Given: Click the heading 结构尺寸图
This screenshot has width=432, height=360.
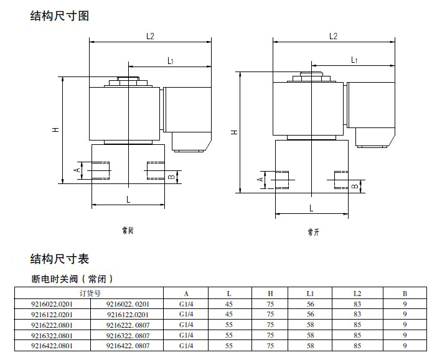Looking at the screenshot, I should pyautogui.click(x=60, y=16).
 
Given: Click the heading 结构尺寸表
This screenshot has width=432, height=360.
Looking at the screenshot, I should pyautogui.click(x=60, y=259).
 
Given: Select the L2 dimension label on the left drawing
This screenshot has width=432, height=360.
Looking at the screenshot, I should pyautogui.click(x=150, y=36).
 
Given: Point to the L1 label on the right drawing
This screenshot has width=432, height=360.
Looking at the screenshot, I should pyautogui.click(x=354, y=60).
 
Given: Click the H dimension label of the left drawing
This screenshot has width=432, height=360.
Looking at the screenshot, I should pyautogui.click(x=55, y=130).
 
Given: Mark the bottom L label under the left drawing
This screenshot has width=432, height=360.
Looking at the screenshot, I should pyautogui.click(x=128, y=199).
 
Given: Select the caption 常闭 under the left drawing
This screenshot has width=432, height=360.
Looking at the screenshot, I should pyautogui.click(x=128, y=231).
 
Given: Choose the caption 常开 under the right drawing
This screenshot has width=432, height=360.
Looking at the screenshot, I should pyautogui.click(x=312, y=232).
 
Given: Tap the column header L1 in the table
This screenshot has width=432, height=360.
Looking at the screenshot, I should pyautogui.click(x=311, y=293).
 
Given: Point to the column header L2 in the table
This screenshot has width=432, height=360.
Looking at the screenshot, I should pyautogui.click(x=357, y=293).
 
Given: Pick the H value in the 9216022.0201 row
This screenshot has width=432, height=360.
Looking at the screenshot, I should pyautogui.click(x=270, y=304).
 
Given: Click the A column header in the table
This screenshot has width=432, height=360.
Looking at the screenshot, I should pyautogui.click(x=186, y=293).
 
